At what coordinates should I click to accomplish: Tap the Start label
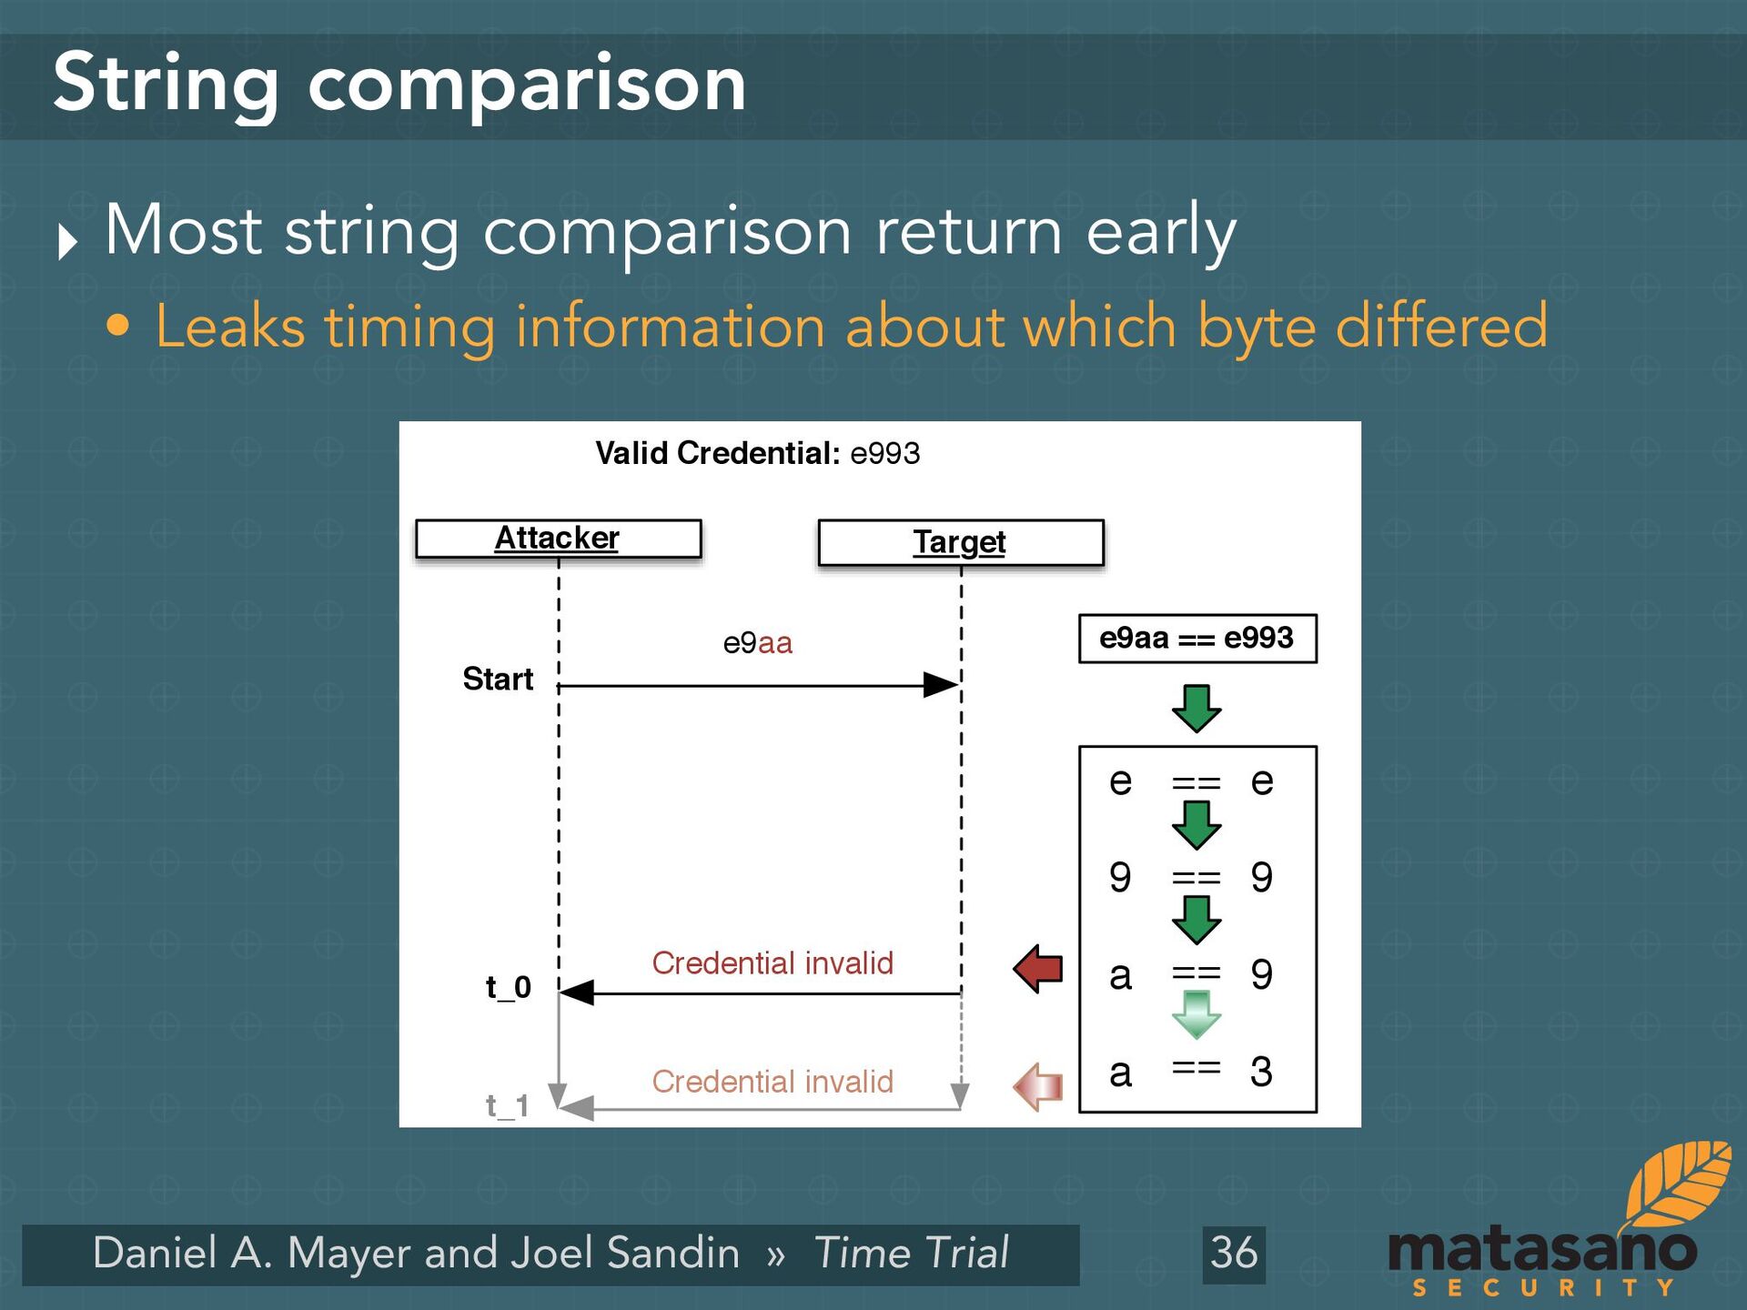click(x=498, y=679)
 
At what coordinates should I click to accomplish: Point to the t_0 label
click(x=508, y=987)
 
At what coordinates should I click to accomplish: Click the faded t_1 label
click(x=507, y=1105)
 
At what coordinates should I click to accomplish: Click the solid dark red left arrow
click(x=1038, y=968)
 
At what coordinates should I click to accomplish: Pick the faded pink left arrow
click(x=1038, y=1086)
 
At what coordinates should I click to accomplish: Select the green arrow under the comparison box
click(x=1197, y=709)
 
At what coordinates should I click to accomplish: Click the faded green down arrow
click(x=1197, y=1014)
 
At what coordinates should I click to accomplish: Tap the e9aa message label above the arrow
click(x=757, y=643)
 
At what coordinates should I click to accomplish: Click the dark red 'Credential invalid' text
click(x=773, y=962)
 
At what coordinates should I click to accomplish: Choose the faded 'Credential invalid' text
click(x=773, y=1081)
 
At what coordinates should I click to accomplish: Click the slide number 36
click(x=1234, y=1253)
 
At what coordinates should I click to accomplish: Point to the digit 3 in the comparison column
click(x=1261, y=1072)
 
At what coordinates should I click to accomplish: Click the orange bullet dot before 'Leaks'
click(x=117, y=326)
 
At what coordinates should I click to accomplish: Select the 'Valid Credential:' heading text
click(x=717, y=453)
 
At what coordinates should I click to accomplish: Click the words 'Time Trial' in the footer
click(x=911, y=1253)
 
